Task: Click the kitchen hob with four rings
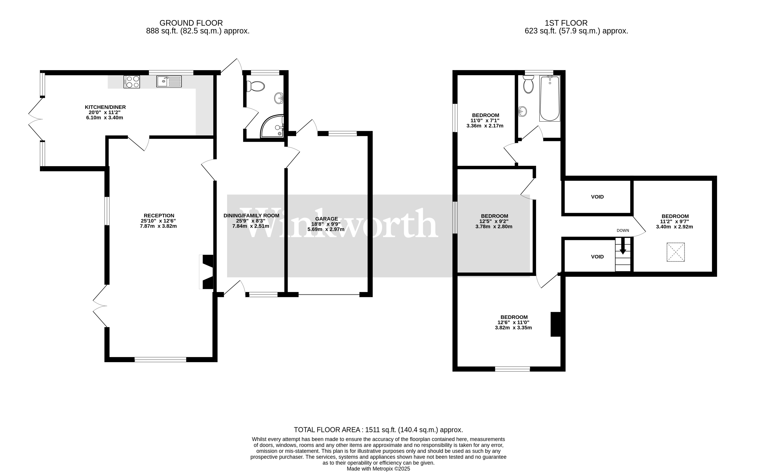(x=132, y=82)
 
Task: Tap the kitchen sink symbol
(x=169, y=82)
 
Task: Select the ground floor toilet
(x=255, y=86)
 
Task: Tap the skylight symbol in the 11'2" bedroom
(x=676, y=252)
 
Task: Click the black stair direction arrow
(x=623, y=246)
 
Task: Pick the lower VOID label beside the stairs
(x=597, y=257)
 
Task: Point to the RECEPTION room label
(x=159, y=216)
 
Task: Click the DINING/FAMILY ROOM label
(x=251, y=216)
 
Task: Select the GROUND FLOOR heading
(x=191, y=23)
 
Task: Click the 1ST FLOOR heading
(x=566, y=23)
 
